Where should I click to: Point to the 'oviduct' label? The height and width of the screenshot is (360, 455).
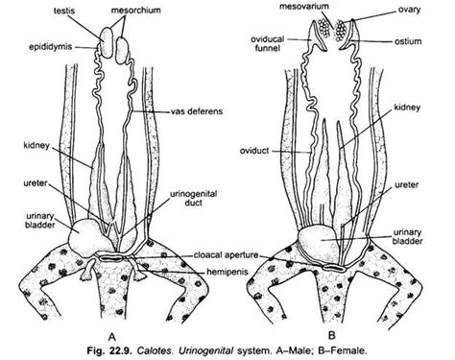[x=274, y=151]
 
